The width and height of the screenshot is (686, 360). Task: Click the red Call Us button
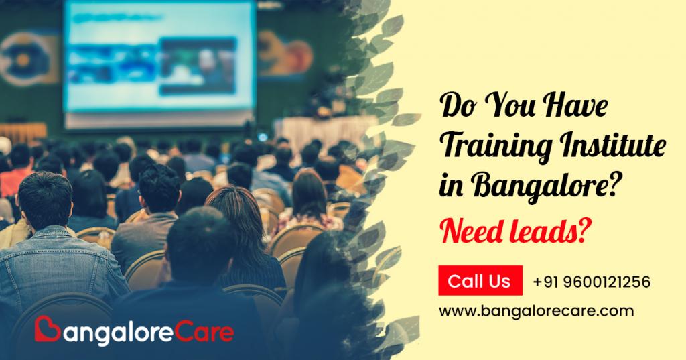click(x=480, y=280)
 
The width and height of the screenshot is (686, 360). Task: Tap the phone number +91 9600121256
click(x=592, y=281)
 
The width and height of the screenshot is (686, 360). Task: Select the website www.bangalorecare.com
click(x=536, y=311)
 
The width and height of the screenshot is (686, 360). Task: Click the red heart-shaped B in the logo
click(x=47, y=329)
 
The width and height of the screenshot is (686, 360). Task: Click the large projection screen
click(x=159, y=56)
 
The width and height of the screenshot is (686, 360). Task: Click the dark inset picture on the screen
click(x=198, y=66)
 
